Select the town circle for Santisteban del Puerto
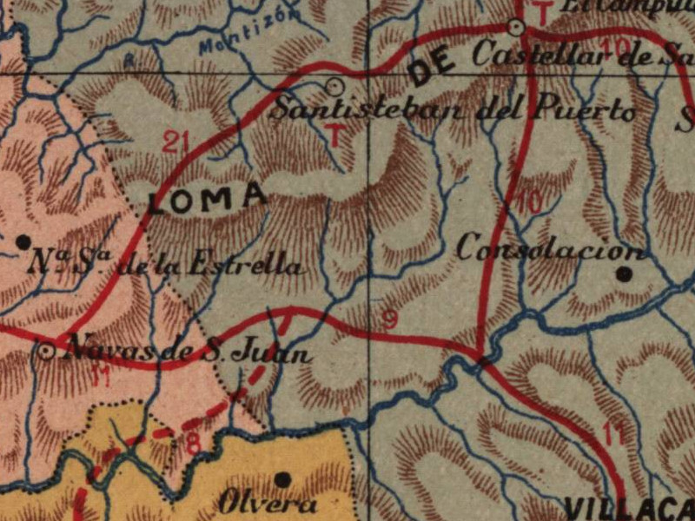click(x=334, y=85)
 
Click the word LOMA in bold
click(x=207, y=199)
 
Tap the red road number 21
click(x=175, y=141)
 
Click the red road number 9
click(x=390, y=320)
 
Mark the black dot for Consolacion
click(x=624, y=274)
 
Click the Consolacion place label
click(x=552, y=249)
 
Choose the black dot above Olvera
click(x=282, y=478)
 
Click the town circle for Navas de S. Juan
click(x=46, y=351)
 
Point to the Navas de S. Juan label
click(x=189, y=352)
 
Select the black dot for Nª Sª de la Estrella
click(x=24, y=241)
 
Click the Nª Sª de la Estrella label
click(x=166, y=263)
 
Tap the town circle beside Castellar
click(x=517, y=28)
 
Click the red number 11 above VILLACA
click(x=612, y=434)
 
